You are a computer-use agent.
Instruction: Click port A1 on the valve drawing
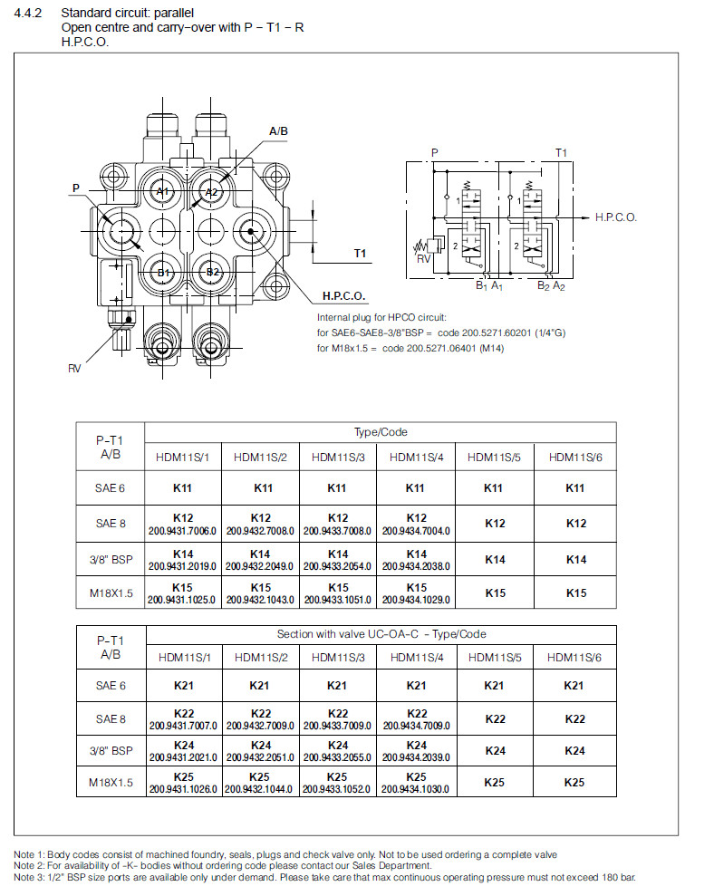point(162,192)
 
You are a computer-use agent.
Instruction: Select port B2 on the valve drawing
point(212,272)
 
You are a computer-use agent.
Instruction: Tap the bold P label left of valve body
point(76,188)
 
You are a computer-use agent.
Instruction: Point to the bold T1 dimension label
point(360,253)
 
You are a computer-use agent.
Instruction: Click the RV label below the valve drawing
point(75,369)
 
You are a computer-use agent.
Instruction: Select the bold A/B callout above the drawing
point(279,131)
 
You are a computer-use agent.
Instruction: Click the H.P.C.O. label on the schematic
point(616,217)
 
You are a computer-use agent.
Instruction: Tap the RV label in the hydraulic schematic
point(422,258)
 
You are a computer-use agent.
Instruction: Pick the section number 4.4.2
point(30,13)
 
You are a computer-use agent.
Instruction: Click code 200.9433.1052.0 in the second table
point(337,789)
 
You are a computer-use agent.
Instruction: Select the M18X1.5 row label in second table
point(111,783)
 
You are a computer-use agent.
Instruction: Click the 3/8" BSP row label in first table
point(111,559)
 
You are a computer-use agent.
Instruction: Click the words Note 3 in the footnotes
point(30,876)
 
